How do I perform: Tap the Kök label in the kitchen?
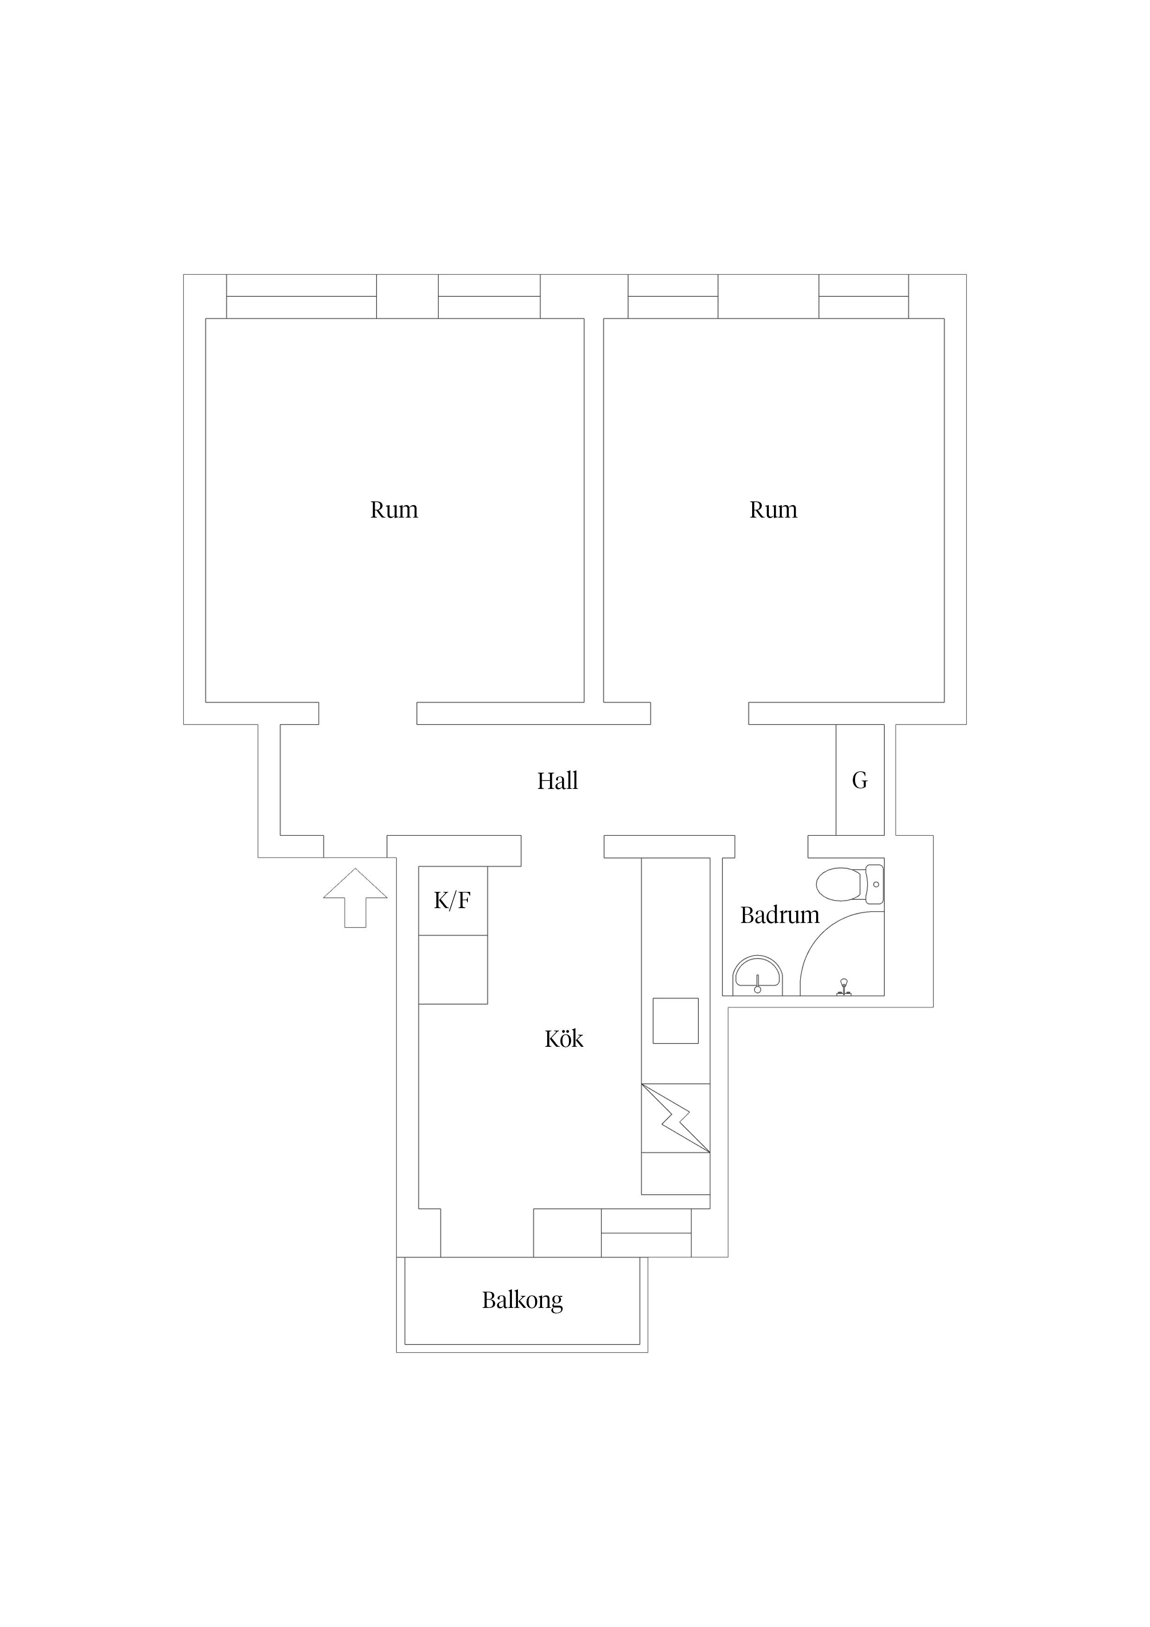(x=563, y=1039)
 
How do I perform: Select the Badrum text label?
(x=779, y=916)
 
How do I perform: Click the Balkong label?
(x=522, y=1300)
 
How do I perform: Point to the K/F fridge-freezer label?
(x=452, y=901)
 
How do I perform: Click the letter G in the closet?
(x=860, y=780)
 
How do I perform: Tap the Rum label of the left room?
(x=394, y=510)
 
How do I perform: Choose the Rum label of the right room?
(x=773, y=510)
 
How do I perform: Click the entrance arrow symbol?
(x=355, y=898)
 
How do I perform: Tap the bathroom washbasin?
(x=757, y=976)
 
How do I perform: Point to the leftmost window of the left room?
(x=301, y=296)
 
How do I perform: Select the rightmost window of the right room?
(x=864, y=296)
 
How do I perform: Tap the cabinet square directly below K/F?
(x=453, y=969)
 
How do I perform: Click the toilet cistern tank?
(x=875, y=885)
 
